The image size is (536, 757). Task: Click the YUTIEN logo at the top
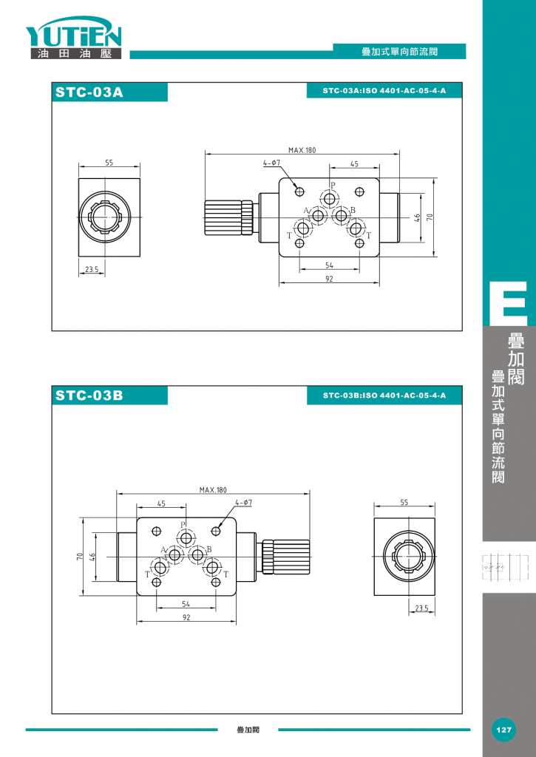[x=74, y=38]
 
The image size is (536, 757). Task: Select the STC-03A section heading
[x=89, y=92]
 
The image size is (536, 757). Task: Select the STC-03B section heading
[x=89, y=396]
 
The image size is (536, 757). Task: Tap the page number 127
[x=503, y=730]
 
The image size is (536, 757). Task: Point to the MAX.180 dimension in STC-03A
[x=302, y=150]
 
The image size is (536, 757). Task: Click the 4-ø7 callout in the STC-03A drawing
[x=271, y=163]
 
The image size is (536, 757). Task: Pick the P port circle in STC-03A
[x=330, y=199]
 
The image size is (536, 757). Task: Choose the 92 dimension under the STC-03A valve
[x=329, y=279]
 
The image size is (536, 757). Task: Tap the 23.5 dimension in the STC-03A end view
[x=91, y=269]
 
